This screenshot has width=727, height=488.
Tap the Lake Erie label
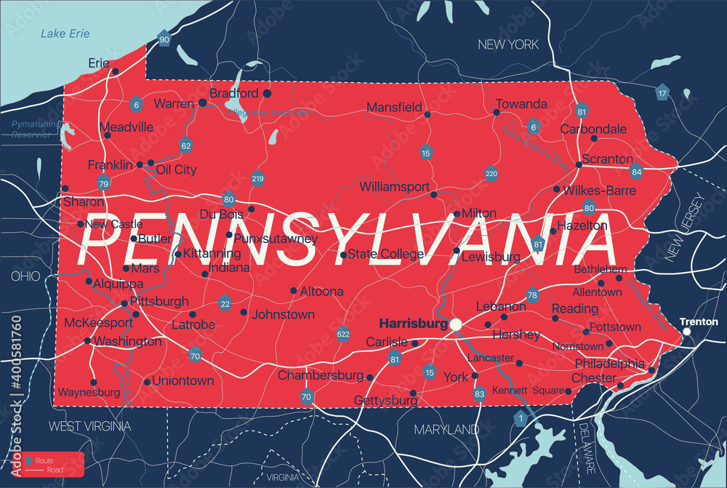click(65, 33)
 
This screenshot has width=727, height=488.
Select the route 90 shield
click(164, 39)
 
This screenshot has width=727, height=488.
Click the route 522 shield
click(343, 334)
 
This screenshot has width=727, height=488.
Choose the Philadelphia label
click(609, 363)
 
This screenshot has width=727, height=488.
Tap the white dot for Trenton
click(687, 332)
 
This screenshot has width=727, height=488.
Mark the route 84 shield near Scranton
click(637, 172)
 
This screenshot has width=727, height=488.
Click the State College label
click(385, 255)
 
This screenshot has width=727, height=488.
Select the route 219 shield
click(257, 178)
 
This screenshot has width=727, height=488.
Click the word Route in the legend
click(44, 461)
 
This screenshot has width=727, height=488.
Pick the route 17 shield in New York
click(662, 93)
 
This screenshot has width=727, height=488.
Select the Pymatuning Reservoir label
click(34, 129)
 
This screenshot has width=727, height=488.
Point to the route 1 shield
click(520, 418)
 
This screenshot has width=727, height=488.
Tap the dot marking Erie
click(115, 71)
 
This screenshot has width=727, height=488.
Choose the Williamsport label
click(395, 187)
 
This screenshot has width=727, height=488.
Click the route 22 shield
click(225, 304)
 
